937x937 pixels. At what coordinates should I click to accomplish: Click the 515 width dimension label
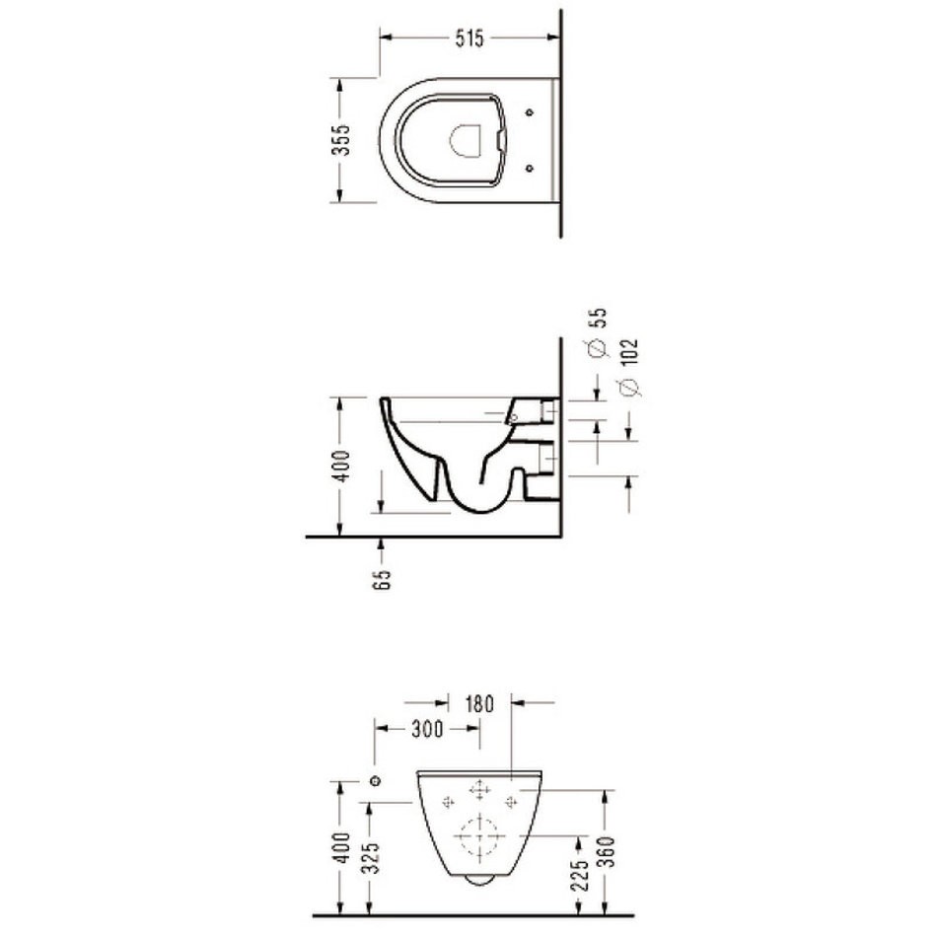(x=469, y=38)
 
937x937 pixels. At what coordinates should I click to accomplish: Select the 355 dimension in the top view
(x=341, y=140)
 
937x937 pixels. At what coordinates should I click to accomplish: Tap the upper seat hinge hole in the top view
(x=529, y=112)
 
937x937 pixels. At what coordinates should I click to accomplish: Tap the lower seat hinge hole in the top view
(x=529, y=168)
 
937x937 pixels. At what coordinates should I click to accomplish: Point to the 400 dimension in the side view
(x=341, y=467)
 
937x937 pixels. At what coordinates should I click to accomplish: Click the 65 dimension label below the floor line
(x=382, y=578)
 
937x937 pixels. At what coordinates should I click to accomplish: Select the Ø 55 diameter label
(x=598, y=332)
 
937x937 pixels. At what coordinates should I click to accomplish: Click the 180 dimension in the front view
(x=480, y=704)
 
